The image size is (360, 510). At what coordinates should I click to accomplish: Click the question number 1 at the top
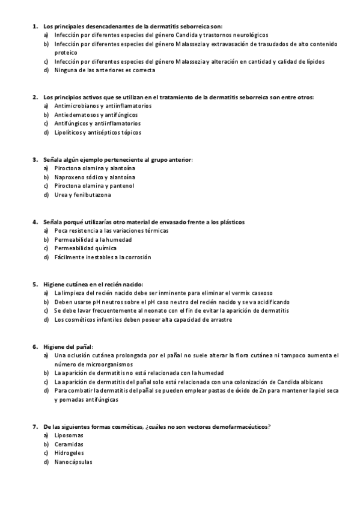(34, 26)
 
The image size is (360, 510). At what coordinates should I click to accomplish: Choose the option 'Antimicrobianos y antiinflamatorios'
(103, 106)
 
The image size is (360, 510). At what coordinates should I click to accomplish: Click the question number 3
(34, 159)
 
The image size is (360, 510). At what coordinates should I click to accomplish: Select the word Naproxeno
(70, 177)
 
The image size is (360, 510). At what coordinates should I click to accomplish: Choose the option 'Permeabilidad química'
(85, 248)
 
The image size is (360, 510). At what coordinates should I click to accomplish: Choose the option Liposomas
(69, 435)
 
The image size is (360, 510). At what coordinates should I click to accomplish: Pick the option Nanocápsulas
(73, 461)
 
